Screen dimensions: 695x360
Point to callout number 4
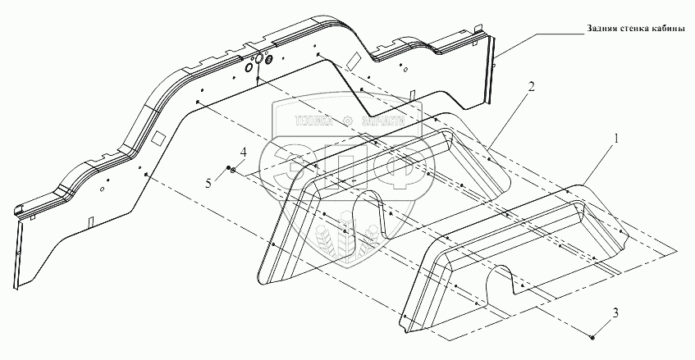coord(242,152)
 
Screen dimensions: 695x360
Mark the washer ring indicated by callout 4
coord(235,171)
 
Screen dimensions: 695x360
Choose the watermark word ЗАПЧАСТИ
coord(381,121)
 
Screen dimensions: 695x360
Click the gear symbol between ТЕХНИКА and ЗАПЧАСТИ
coord(350,121)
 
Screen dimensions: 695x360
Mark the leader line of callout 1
coord(594,162)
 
